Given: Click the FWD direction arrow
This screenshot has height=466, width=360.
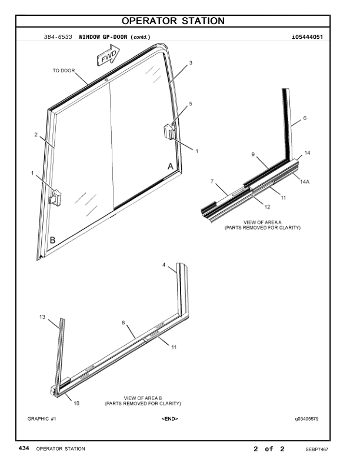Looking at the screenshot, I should (x=108, y=57).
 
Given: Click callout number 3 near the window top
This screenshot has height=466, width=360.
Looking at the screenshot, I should (x=191, y=62).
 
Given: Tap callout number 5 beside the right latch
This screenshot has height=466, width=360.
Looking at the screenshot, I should (x=191, y=104).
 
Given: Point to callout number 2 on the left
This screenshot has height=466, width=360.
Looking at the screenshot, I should (x=36, y=135).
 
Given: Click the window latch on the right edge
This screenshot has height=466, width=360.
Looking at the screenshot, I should (x=169, y=131).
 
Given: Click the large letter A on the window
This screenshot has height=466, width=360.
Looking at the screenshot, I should (x=171, y=167).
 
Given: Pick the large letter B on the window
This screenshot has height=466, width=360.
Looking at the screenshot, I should (x=52, y=241).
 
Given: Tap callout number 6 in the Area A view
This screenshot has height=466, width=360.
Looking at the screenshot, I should (x=305, y=118).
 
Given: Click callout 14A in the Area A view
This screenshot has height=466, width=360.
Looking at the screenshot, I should (x=305, y=182).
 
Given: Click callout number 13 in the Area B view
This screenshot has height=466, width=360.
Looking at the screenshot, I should (x=42, y=317).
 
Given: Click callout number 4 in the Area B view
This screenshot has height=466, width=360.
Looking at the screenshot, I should (x=164, y=265).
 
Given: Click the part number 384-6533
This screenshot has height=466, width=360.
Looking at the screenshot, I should (x=58, y=36).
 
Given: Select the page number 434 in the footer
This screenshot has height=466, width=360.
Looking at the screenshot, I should (x=24, y=448).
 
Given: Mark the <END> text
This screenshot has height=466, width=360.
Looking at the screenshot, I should (x=169, y=419).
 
